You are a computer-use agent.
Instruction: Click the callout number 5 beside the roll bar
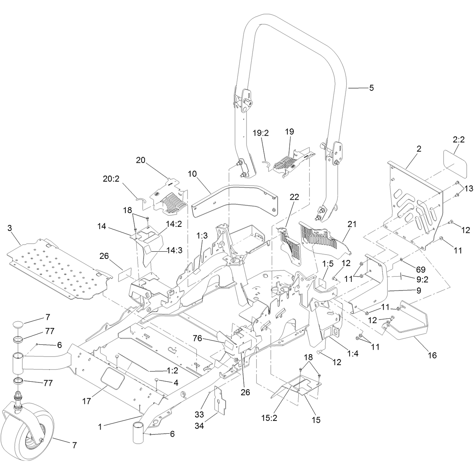pyautogui.click(x=372, y=88)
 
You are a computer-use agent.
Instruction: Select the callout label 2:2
pyautogui.click(x=459, y=139)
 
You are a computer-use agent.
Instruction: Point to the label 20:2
pyautogui.click(x=111, y=179)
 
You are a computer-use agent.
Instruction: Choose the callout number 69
pyautogui.click(x=421, y=269)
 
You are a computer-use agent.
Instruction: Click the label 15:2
pyautogui.click(x=269, y=418)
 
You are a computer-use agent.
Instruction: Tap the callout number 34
pyautogui.click(x=199, y=425)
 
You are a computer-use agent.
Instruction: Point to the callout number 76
pyautogui.click(x=197, y=338)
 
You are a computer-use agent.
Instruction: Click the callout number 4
pyautogui.click(x=176, y=382)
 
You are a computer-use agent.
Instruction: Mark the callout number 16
pyautogui.click(x=432, y=355)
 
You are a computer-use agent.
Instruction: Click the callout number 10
pyautogui.click(x=192, y=174)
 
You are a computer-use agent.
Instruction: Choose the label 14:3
pyautogui.click(x=174, y=251)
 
